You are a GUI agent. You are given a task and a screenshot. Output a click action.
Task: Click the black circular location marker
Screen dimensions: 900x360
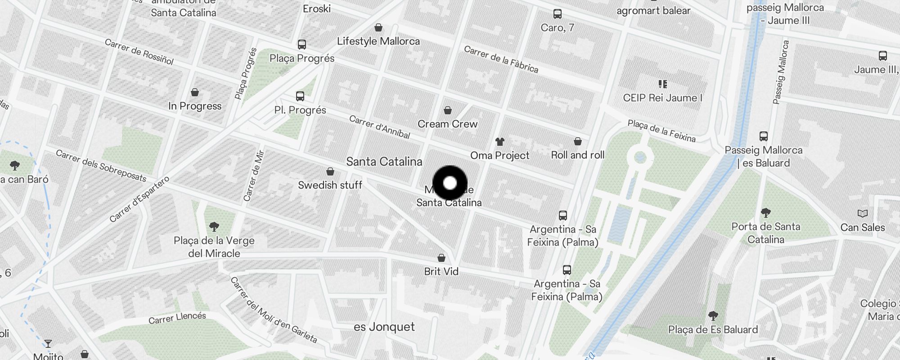tap(450, 183)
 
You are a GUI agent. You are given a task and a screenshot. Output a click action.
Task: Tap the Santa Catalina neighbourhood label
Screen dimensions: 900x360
tap(384, 162)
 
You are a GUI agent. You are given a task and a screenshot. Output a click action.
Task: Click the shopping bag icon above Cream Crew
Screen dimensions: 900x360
tap(448, 110)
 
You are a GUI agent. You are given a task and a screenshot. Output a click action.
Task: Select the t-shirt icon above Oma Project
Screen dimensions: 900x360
tap(499, 142)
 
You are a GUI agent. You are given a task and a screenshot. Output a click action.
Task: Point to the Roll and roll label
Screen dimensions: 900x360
tap(578, 155)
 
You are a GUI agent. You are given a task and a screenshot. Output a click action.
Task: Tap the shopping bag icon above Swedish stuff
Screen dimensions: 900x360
tap(330, 171)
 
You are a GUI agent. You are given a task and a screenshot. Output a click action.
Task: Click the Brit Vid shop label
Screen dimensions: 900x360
tap(441, 271)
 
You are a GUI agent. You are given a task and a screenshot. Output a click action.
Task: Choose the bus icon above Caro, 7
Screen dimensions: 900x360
tap(558, 14)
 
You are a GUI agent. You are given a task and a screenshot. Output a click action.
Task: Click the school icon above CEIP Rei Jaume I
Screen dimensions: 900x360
tap(662, 84)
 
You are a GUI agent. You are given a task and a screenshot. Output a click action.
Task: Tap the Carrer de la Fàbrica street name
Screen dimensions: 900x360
tap(501, 59)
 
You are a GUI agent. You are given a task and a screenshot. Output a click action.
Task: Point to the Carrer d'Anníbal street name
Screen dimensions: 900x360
tap(379, 127)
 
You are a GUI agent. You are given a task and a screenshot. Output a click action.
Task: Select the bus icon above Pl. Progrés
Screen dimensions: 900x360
tap(300, 96)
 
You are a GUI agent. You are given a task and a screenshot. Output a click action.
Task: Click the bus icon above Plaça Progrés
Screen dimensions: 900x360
tap(302, 45)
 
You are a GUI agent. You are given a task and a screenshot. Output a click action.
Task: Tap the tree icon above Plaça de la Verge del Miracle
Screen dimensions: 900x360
tap(214, 227)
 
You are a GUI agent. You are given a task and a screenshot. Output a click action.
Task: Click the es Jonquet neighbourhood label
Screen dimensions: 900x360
tap(384, 327)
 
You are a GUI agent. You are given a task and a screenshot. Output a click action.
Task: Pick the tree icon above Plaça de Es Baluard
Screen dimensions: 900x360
tap(713, 315)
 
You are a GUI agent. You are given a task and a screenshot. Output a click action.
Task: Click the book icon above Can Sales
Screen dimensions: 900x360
tap(862, 213)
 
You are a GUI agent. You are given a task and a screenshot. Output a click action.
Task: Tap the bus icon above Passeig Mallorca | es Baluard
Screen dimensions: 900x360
tap(763, 136)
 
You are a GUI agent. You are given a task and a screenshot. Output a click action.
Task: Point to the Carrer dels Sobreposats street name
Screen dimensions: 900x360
tap(101, 166)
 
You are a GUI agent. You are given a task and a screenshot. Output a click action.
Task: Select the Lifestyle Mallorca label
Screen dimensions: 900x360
tap(378, 41)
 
